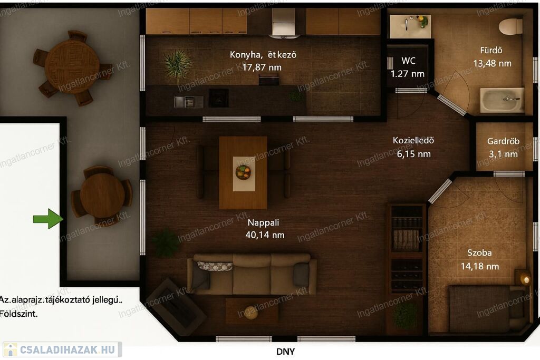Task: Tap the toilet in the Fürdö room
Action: click(x=511, y=26)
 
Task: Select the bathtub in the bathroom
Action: click(x=503, y=100)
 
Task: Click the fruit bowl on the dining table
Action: click(x=243, y=172)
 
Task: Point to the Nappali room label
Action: click(x=264, y=222)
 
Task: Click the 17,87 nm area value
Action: click(x=262, y=67)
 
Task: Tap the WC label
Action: click(x=409, y=61)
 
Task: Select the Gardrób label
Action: click(x=503, y=141)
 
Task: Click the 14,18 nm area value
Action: click(x=480, y=266)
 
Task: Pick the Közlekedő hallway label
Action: click(x=413, y=140)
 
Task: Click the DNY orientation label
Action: click(x=285, y=352)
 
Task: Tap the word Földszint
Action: click(x=18, y=314)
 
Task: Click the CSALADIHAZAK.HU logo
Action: click(x=62, y=349)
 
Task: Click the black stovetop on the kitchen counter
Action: click(x=219, y=98)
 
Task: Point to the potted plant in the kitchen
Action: click(x=177, y=64)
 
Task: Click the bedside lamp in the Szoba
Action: click(x=525, y=279)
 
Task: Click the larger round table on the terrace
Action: click(x=72, y=67)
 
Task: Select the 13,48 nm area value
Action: click(x=492, y=64)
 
